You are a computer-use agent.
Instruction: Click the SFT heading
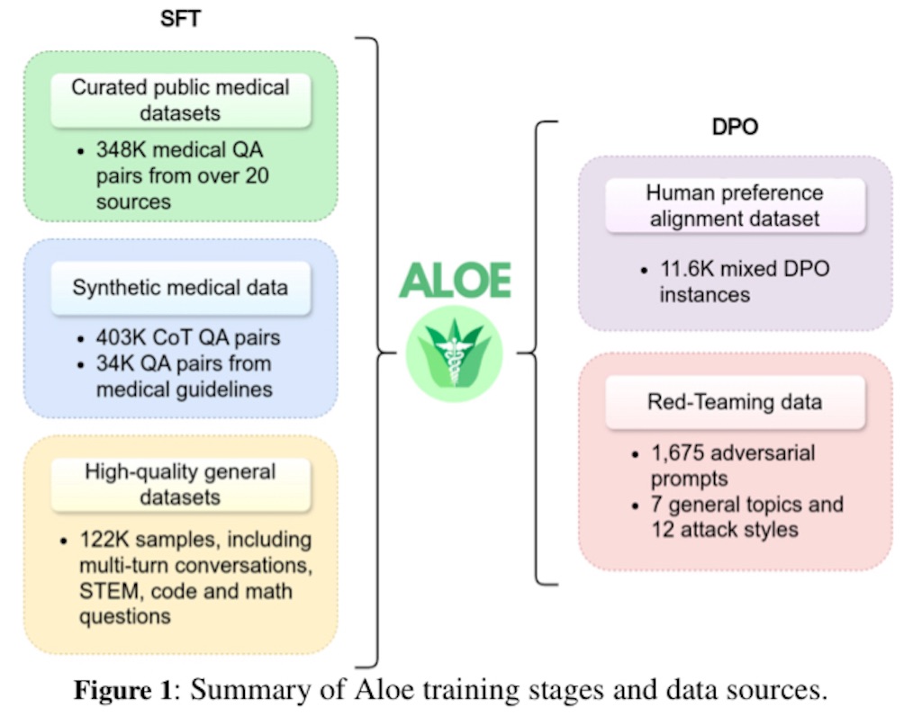pyautogui.click(x=180, y=18)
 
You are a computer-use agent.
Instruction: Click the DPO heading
pyautogui.click(x=735, y=126)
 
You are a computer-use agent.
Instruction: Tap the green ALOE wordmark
pyautogui.click(x=455, y=281)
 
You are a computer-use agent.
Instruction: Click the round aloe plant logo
pyautogui.click(x=454, y=354)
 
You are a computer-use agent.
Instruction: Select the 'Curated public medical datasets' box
pyautogui.click(x=180, y=101)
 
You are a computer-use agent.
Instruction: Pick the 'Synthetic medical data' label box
pyautogui.click(x=180, y=288)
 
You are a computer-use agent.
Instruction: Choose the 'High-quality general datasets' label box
pyautogui.click(x=180, y=485)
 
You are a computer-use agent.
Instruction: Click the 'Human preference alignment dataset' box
pyautogui.click(x=735, y=206)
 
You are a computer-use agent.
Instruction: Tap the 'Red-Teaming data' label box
pyautogui.click(x=735, y=402)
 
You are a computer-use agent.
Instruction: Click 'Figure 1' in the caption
pyautogui.click(x=122, y=689)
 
